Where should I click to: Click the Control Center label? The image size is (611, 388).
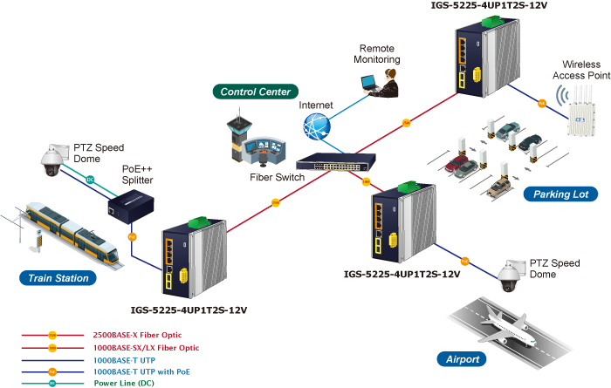256,92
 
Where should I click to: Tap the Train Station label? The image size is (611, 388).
58,278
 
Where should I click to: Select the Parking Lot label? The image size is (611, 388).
561,194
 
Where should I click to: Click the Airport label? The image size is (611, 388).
462,359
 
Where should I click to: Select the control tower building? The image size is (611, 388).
237,135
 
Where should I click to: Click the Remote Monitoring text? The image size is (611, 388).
377,54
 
